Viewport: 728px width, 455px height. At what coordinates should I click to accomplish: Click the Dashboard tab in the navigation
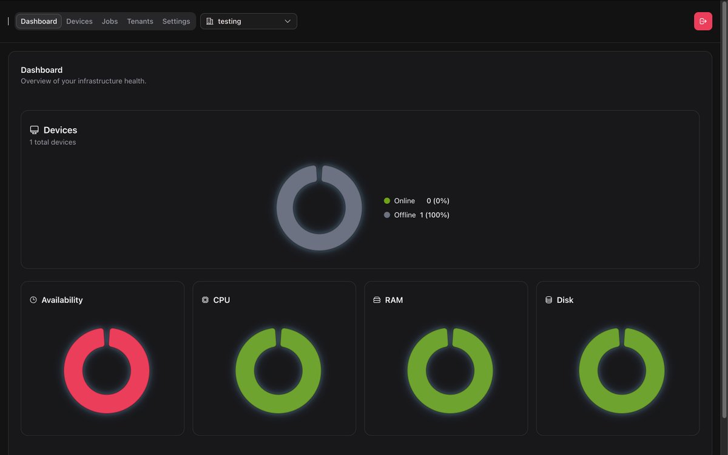[39, 21]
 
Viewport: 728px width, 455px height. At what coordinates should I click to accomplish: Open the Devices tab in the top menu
[79, 21]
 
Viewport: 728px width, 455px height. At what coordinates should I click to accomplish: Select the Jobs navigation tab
[110, 21]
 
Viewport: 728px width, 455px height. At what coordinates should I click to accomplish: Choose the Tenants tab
[140, 21]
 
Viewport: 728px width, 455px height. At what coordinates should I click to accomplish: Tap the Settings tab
[176, 21]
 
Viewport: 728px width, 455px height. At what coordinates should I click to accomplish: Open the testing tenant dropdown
[248, 21]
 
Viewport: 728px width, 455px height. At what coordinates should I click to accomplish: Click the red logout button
[703, 21]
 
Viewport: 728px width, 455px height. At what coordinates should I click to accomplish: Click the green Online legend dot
[387, 201]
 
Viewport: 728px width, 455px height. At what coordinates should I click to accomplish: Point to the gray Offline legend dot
[387, 215]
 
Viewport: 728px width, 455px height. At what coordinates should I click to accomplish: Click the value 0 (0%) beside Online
[437, 201]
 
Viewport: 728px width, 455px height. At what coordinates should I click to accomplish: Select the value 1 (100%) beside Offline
[434, 215]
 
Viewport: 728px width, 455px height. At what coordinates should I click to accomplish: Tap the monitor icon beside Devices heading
[35, 130]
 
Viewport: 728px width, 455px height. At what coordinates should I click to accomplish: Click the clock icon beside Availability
[33, 300]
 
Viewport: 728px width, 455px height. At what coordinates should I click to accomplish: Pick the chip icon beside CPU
[205, 300]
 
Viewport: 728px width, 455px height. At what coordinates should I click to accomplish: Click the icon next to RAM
[377, 300]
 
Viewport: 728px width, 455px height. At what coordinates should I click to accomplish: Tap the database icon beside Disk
[548, 300]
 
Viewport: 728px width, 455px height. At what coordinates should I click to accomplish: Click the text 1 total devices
[53, 143]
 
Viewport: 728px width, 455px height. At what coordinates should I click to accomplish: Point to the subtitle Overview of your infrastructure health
[83, 81]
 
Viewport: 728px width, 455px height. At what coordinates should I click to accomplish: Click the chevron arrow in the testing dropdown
[288, 21]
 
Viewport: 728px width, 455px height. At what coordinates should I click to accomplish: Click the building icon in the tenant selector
[210, 21]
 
